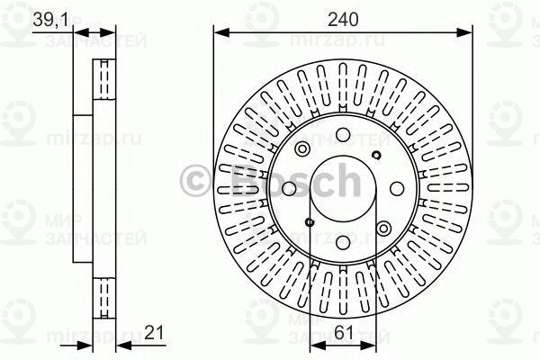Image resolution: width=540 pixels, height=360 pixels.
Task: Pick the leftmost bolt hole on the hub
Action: tap(288, 190)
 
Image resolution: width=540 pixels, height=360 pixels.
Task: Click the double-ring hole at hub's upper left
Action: tap(303, 149)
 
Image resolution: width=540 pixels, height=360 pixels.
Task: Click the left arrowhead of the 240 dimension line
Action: tap(219, 33)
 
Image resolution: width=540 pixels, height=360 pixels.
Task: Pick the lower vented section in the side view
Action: tap(106, 293)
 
